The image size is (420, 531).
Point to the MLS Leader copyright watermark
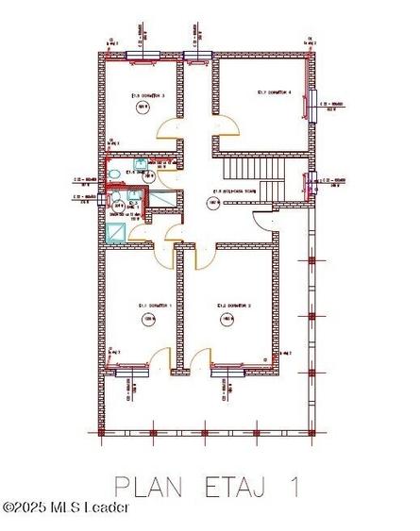pos(66,508)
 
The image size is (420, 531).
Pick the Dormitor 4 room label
pos(274,92)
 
